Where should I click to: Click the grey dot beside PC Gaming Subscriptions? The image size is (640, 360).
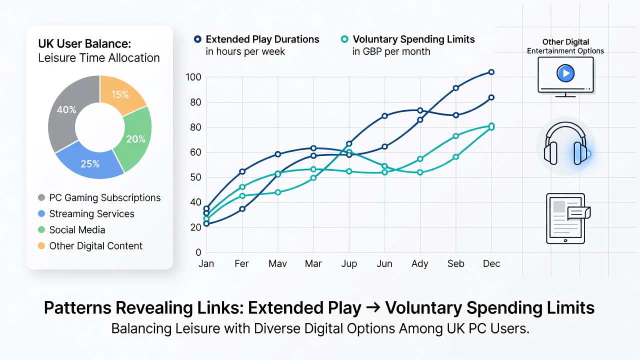[41, 197]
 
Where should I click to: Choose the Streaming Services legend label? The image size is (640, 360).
[91, 213]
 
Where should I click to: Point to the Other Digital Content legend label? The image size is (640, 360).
[95, 245]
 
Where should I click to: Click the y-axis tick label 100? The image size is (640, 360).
[193, 77]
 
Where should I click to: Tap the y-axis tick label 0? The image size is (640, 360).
[198, 252]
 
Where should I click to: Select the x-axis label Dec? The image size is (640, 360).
[491, 263]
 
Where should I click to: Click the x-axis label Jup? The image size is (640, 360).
[349, 263]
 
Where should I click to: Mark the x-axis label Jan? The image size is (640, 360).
[206, 263]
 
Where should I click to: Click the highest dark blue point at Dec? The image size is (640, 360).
[491, 72]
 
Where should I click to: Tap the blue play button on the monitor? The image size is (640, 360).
[565, 73]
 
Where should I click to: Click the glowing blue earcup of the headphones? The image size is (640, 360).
[579, 153]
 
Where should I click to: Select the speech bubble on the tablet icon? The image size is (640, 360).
[578, 213]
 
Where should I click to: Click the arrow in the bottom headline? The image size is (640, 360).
[373, 307]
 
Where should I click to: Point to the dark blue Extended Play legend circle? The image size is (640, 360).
[197, 39]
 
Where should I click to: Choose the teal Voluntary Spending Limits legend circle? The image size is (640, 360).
[344, 39]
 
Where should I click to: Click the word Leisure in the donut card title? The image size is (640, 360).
[56, 58]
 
